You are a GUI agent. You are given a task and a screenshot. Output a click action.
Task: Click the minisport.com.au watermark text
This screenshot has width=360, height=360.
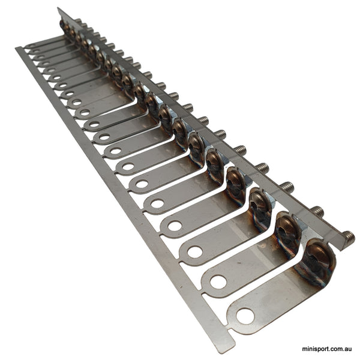[x=327, y=349]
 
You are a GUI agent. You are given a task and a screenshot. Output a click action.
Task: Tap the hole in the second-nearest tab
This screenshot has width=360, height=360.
[x=218, y=281]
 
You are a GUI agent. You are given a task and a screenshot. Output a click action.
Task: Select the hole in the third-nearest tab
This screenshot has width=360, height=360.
[x=195, y=252]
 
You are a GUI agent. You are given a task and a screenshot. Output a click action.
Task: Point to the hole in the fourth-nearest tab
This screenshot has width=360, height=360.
[x=175, y=226]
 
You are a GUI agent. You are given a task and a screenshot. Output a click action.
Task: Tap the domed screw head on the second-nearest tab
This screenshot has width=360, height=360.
[x=288, y=230]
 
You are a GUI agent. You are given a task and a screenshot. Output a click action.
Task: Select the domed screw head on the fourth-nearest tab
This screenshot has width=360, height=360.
[x=236, y=181]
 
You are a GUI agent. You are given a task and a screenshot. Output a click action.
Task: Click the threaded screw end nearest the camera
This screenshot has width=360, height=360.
[x=347, y=239]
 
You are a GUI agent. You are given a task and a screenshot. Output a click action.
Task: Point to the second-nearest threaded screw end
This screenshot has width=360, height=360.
[x=317, y=212]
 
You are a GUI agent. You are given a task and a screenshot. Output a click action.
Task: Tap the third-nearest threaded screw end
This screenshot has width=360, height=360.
[x=287, y=187]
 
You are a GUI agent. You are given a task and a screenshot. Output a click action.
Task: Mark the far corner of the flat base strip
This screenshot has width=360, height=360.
[x=18, y=49]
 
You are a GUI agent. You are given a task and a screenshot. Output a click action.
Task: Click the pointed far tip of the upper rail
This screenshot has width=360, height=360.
[x=58, y=9]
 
